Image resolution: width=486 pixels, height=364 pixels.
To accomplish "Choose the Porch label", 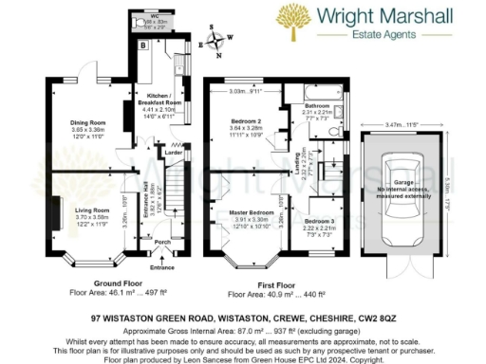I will (161, 243).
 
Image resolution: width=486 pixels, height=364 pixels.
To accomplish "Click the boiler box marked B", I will (143, 45).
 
